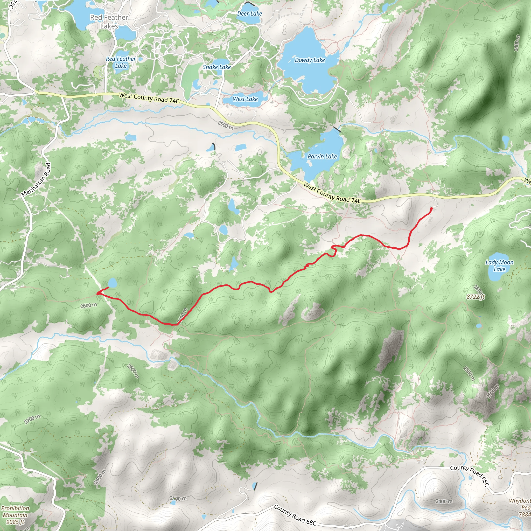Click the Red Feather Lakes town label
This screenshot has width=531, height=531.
109,22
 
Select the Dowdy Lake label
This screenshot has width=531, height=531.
310,60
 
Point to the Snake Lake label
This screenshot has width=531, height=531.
216,67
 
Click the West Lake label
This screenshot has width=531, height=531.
245,99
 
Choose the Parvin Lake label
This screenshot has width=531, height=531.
322,156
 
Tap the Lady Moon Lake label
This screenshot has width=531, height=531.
499,266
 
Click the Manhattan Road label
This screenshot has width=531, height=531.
36,180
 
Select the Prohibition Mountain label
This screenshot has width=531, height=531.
15,512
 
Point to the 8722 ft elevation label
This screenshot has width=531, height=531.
476,297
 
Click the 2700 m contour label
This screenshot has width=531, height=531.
32,419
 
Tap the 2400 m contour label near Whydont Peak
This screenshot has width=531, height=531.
444,501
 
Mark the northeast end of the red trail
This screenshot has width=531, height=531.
431,209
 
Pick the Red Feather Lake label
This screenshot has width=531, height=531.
121,62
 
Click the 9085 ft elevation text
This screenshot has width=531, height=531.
15,522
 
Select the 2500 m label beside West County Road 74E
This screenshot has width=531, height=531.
225,125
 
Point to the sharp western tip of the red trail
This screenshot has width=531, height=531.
97,294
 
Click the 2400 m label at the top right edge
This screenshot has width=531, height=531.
517,43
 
